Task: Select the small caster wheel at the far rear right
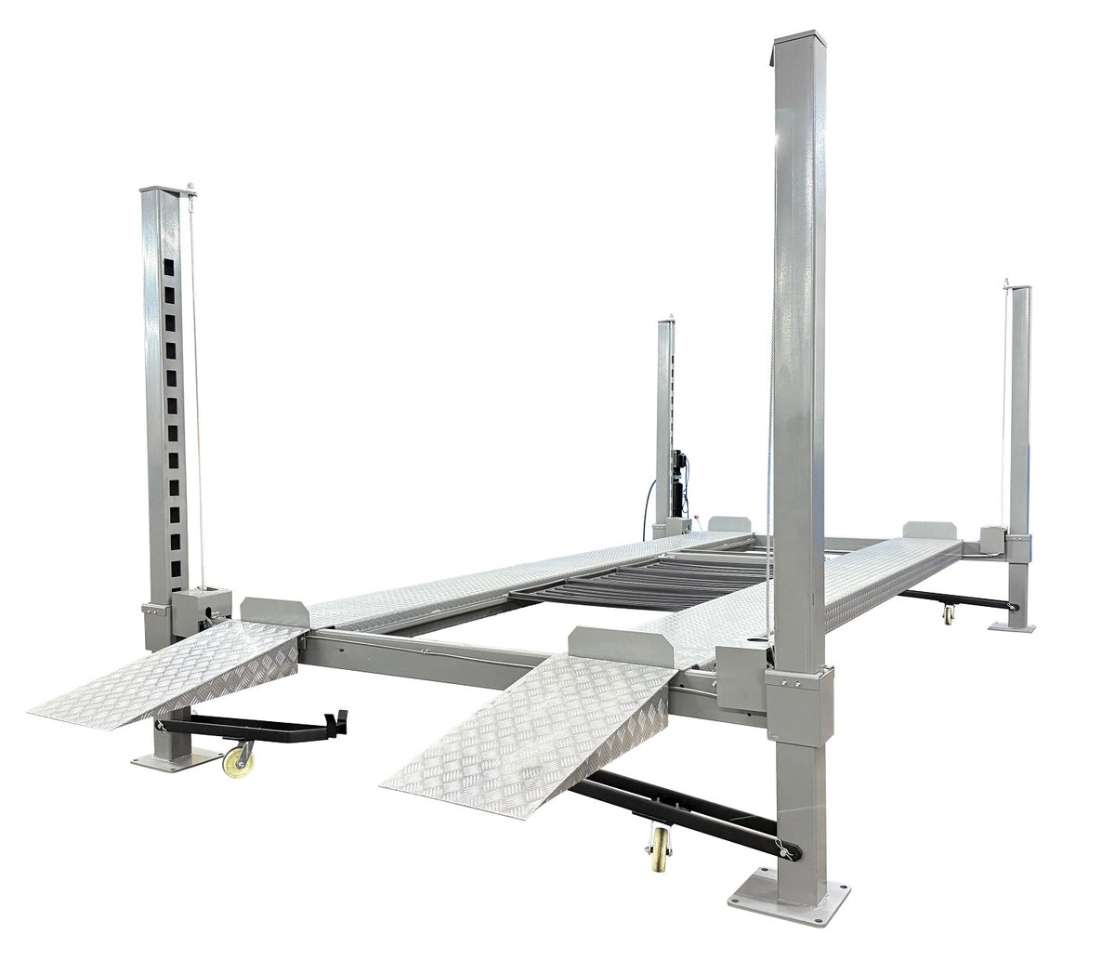947,614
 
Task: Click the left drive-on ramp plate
172,668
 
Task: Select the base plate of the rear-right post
1011,627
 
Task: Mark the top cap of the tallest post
796,38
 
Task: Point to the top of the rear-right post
1019,290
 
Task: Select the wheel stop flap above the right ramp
621,646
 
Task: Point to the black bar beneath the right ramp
678,807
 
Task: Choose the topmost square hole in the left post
169,269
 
